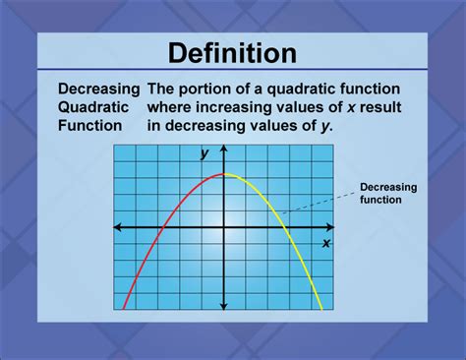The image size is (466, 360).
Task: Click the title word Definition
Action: tap(232, 53)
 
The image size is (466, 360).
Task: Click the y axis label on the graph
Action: tap(204, 153)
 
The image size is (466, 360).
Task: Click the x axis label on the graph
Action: tap(326, 242)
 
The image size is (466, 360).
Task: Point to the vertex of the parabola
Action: tap(225, 174)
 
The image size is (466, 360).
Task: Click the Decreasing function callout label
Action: tap(387, 193)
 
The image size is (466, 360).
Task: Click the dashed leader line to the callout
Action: tap(315, 202)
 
